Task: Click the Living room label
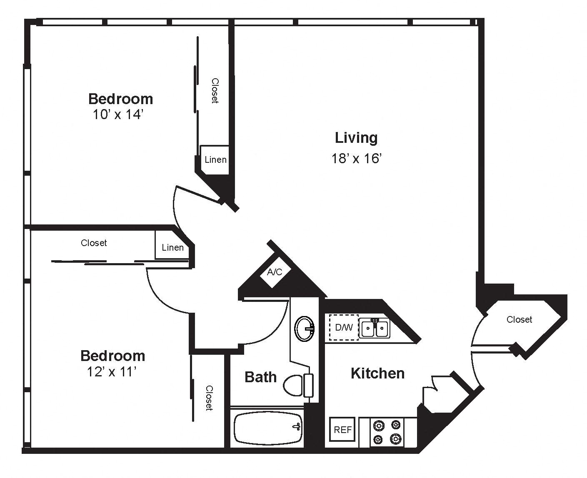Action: [x=356, y=138]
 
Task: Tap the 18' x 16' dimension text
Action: [x=356, y=159]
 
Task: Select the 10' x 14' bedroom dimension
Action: [x=118, y=114]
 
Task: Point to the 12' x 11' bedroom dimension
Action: [x=112, y=372]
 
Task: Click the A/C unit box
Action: [x=275, y=272]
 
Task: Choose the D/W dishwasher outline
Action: [x=344, y=327]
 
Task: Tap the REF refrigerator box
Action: [x=342, y=430]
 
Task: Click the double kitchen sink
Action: [x=375, y=328]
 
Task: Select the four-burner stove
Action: [x=387, y=432]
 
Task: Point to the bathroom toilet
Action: [x=298, y=385]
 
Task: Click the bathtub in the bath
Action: [x=268, y=428]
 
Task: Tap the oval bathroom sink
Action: [x=305, y=329]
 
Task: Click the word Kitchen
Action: [x=377, y=373]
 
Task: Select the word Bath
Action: [x=260, y=377]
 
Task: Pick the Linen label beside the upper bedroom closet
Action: [x=215, y=160]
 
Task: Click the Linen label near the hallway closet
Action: [x=172, y=247]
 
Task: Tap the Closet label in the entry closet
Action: [x=519, y=319]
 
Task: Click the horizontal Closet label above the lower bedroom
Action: [x=94, y=243]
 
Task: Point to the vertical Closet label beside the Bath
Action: [x=210, y=398]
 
